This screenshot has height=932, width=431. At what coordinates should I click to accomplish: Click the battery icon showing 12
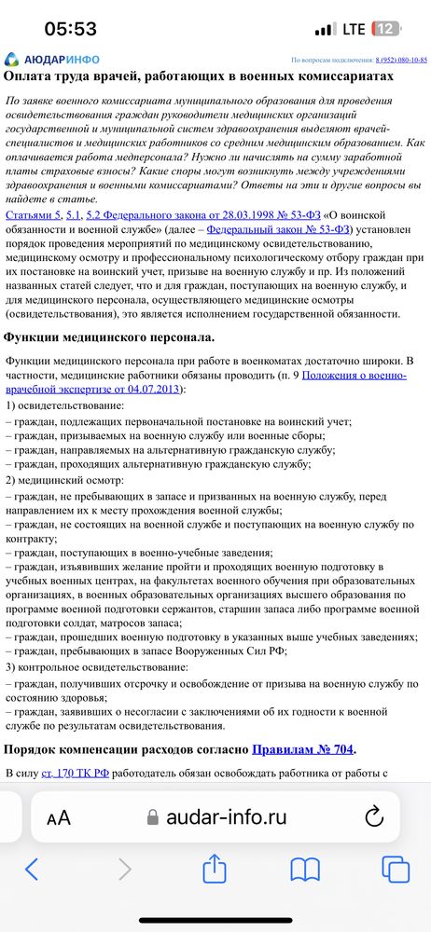(x=386, y=29)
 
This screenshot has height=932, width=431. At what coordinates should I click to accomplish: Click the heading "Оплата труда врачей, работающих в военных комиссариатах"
(x=199, y=77)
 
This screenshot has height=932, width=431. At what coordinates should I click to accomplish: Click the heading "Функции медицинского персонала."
(x=109, y=336)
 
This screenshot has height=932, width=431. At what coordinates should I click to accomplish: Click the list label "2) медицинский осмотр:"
(x=64, y=481)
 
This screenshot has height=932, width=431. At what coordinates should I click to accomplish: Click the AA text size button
(x=59, y=817)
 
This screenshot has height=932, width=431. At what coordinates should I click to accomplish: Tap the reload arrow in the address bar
(x=374, y=817)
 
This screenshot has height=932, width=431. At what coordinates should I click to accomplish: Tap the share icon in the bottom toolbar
(x=215, y=870)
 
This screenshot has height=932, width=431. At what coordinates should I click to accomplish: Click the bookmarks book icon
(x=305, y=870)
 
